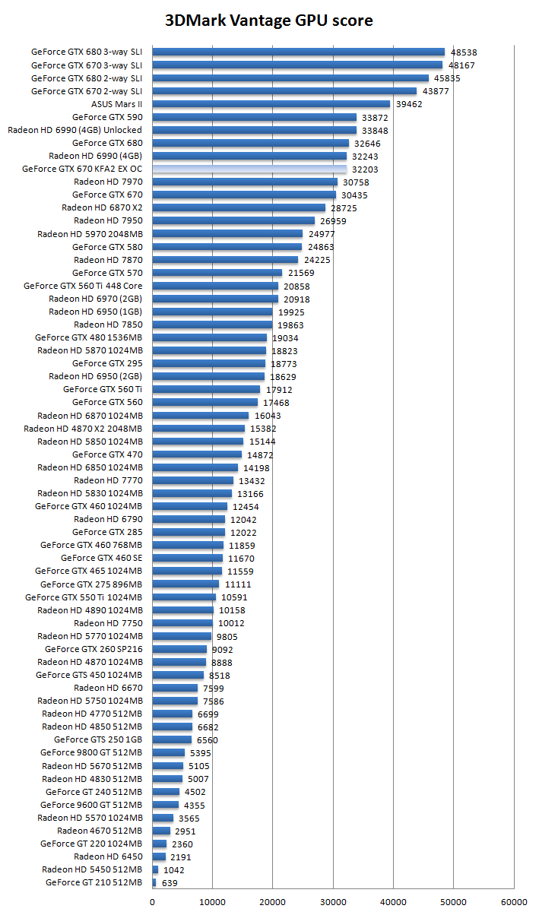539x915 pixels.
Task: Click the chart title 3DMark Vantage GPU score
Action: (x=269, y=21)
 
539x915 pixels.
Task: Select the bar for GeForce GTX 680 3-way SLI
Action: (x=298, y=52)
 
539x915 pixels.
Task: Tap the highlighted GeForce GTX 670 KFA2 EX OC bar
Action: (x=249, y=169)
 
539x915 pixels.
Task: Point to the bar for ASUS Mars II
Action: (x=271, y=104)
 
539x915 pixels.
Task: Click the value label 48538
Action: (x=463, y=53)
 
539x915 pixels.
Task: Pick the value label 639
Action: (x=170, y=883)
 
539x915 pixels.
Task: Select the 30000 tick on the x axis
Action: (x=333, y=901)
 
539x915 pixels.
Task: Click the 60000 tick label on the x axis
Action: (x=514, y=901)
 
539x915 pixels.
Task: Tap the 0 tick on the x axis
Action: (x=153, y=901)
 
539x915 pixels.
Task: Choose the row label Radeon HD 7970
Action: (x=108, y=182)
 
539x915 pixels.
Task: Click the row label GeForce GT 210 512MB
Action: (x=94, y=882)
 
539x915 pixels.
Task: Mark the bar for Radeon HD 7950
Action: (x=233, y=220)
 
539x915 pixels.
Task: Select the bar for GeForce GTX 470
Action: (x=197, y=454)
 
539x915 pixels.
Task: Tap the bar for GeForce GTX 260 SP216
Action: (x=179, y=649)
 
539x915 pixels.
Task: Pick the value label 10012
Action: (x=231, y=623)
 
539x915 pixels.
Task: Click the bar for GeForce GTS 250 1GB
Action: (x=172, y=739)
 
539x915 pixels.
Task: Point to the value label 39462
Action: (x=408, y=105)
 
